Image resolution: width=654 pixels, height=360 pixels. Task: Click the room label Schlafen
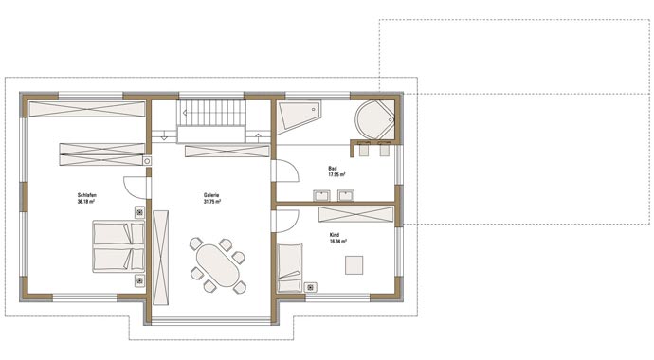87,195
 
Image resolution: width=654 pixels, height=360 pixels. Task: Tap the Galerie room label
211,195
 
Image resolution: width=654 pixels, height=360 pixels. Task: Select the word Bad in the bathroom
333,169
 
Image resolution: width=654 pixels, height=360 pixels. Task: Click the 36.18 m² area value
87,202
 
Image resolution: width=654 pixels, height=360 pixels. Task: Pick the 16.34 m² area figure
336,240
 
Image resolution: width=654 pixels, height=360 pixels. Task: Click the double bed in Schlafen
111,245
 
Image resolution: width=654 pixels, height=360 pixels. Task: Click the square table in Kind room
354,263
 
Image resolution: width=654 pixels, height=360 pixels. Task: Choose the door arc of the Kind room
283,221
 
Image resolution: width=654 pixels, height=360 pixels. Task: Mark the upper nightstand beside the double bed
140,213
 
